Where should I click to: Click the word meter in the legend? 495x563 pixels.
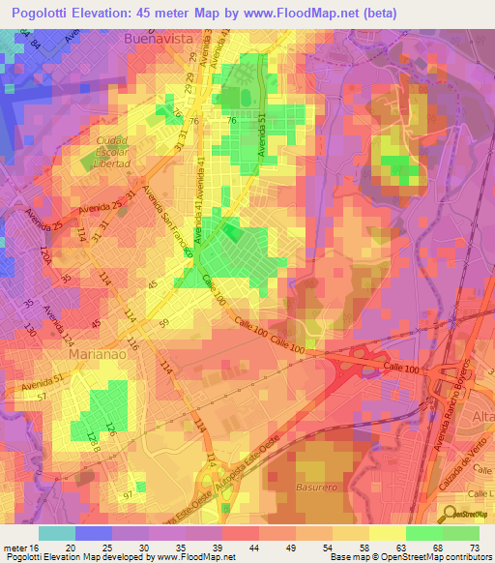tap(14, 547)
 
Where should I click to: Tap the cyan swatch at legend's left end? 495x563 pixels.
tap(56, 532)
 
